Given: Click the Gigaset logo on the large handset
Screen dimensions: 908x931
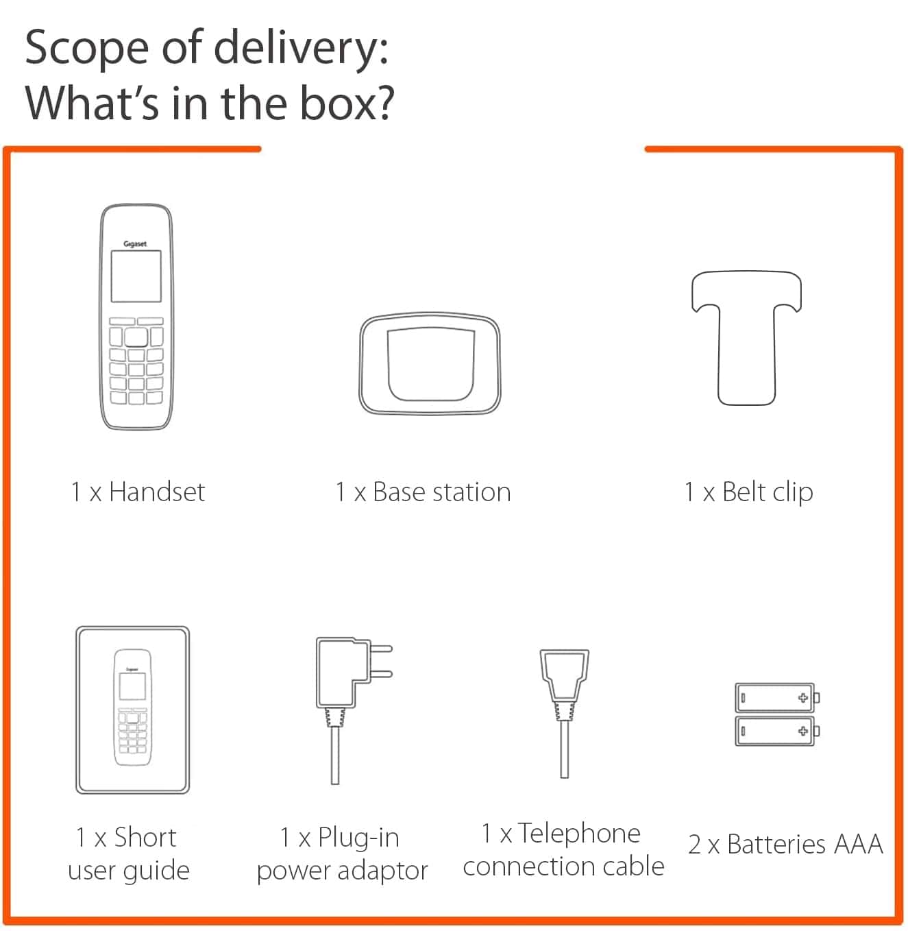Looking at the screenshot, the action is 135,243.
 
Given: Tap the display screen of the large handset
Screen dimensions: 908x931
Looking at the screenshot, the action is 136,276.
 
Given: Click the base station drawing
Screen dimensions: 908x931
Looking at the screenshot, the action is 430,363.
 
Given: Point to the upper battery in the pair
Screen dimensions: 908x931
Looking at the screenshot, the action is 777,697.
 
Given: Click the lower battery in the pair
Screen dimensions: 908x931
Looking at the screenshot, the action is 777,731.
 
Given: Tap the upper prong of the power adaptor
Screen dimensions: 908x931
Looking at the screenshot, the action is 381,649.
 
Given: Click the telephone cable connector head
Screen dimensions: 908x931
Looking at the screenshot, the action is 564,675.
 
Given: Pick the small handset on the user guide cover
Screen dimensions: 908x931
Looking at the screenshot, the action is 132,708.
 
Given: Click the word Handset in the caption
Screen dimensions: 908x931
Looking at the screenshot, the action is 157,492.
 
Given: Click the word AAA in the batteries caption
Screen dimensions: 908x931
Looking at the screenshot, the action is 858,844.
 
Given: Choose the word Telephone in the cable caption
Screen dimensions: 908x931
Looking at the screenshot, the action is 579,833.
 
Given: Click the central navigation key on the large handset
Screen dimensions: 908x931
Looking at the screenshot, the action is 136,337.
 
